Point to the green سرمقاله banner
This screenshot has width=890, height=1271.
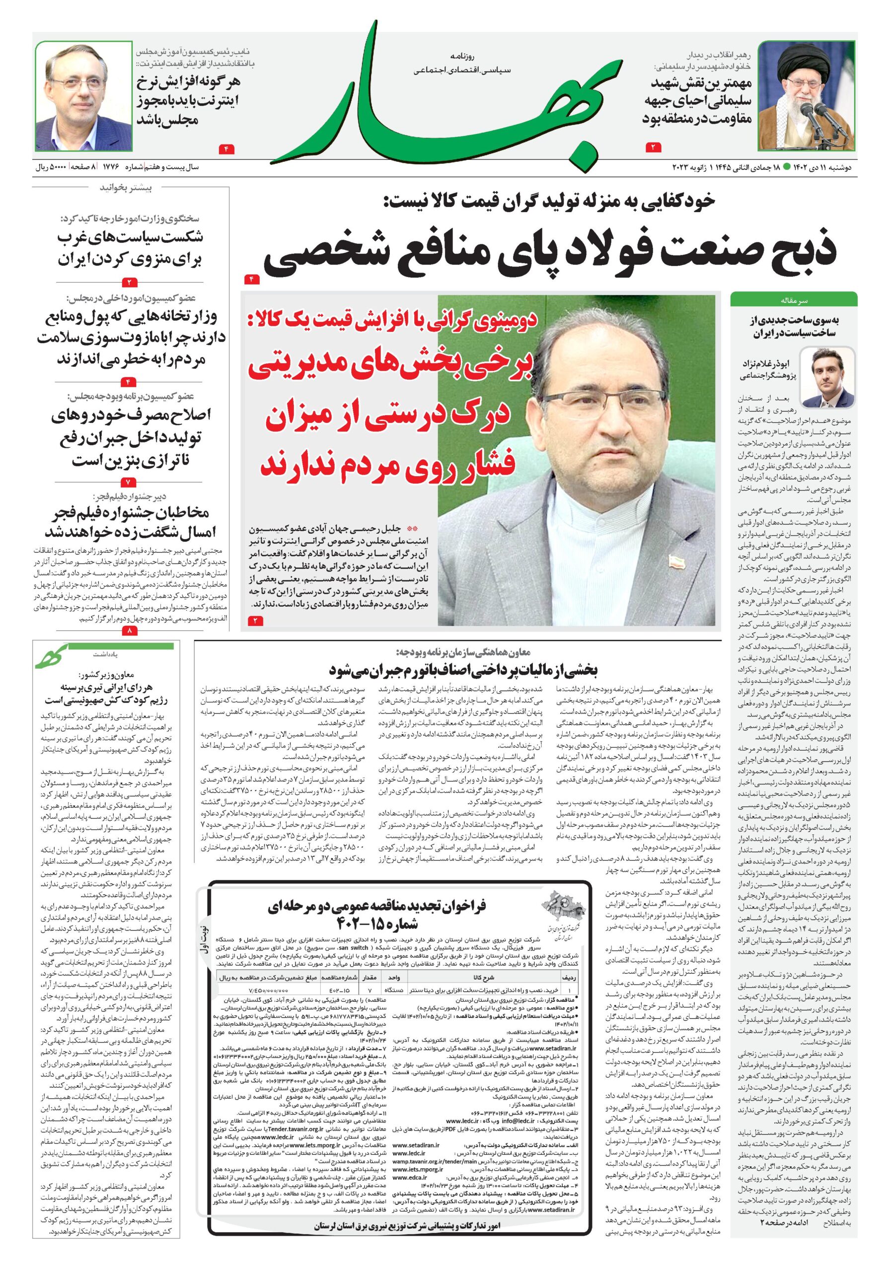(x=793, y=299)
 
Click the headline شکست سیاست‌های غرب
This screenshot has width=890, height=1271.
(x=130, y=247)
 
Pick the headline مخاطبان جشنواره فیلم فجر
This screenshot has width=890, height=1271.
(x=130, y=521)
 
